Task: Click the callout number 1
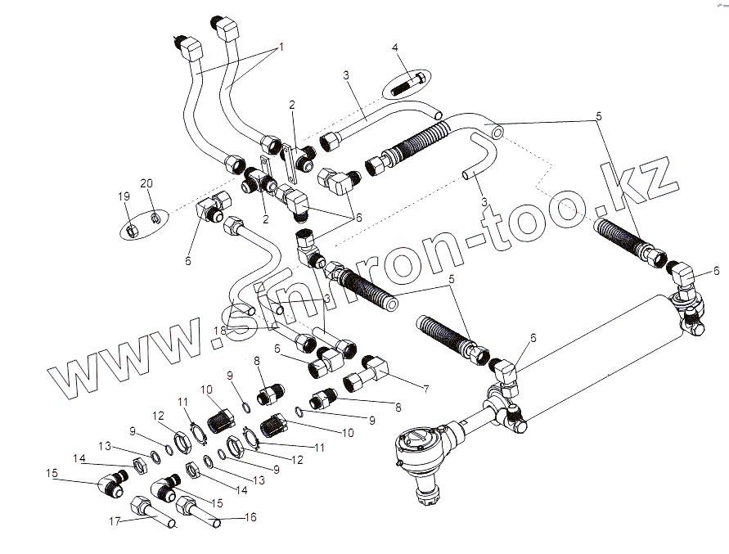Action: pyautogui.click(x=281, y=47)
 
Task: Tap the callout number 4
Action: pyautogui.click(x=396, y=48)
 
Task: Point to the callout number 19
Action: pyautogui.click(x=124, y=196)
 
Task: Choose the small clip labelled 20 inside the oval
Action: pyautogui.click(x=155, y=218)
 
